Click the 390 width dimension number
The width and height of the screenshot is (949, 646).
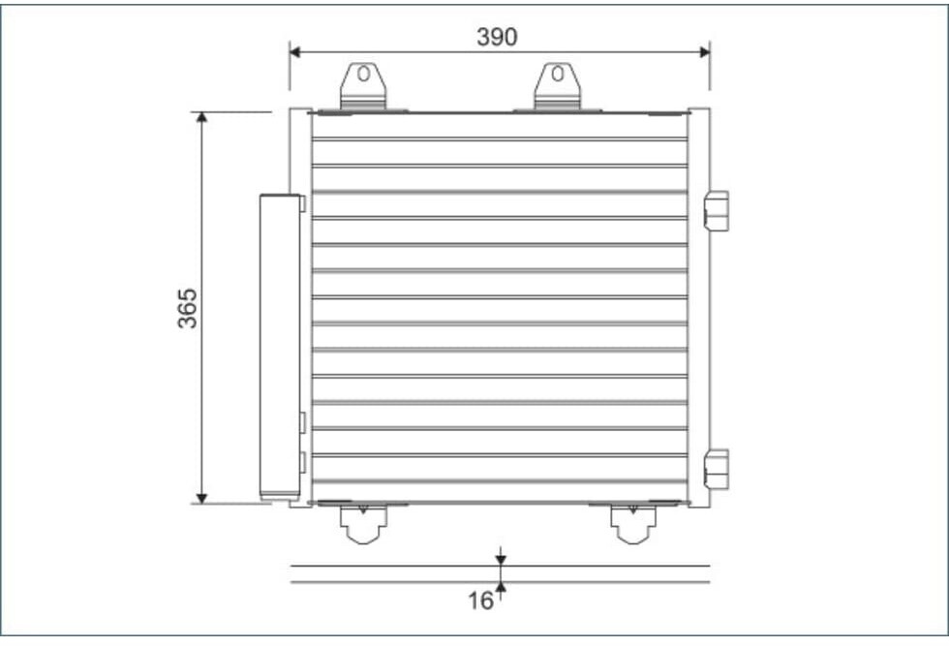pyautogui.click(x=497, y=37)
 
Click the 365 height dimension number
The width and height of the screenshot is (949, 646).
pyautogui.click(x=188, y=308)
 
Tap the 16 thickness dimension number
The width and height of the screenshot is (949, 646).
pyautogui.click(x=480, y=600)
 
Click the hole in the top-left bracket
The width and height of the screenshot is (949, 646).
pyautogui.click(x=363, y=74)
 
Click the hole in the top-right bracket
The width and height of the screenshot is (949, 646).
pyautogui.click(x=558, y=74)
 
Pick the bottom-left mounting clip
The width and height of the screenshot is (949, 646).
pyautogui.click(x=363, y=524)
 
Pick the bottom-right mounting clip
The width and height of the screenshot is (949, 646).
pyautogui.click(x=633, y=524)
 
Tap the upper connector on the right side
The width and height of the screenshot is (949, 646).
pyautogui.click(x=717, y=211)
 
